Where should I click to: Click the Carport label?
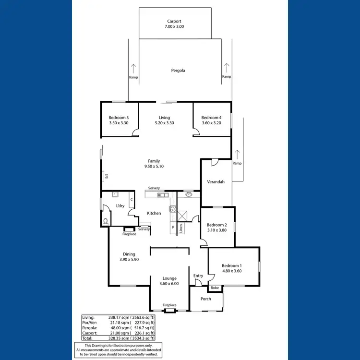pos(175,21)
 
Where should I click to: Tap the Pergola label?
pos(178,71)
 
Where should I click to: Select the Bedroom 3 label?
pos(118,118)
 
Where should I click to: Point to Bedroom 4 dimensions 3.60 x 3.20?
pos(211,123)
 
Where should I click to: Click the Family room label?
pos(154,161)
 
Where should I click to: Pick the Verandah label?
pos(216,182)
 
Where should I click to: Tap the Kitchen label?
pos(154,213)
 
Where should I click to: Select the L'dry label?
pos(120,206)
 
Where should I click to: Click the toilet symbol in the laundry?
pos(105,221)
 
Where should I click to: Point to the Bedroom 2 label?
pos(216,225)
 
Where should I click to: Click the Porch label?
pos(205,299)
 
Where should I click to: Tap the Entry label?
pos(198,276)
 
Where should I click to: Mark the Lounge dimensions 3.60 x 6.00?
pos(169,284)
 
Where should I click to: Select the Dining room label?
pos(129,254)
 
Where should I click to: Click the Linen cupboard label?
pos(181,229)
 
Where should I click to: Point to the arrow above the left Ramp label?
pos(133,68)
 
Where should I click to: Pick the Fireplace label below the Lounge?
pos(169,305)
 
